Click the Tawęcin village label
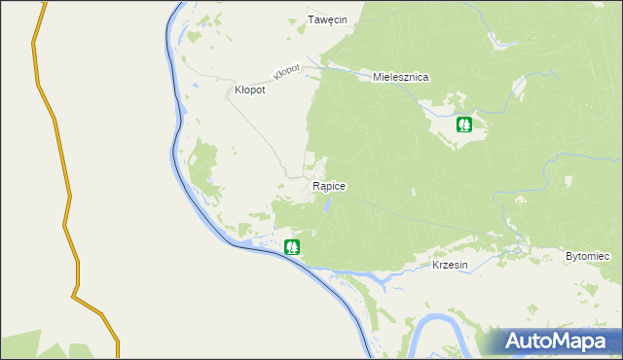coord(327,19)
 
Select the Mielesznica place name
coord(402,76)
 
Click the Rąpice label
coord(329,185)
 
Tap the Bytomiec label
coord(587,256)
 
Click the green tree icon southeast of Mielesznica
coord(465,125)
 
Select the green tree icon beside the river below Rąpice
coord(291,247)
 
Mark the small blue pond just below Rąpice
coord(328,204)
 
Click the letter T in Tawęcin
coord(311,19)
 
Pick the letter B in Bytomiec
coord(568,256)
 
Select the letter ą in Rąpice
coord(322,186)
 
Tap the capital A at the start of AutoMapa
coord(513,340)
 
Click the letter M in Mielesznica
coord(378,76)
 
